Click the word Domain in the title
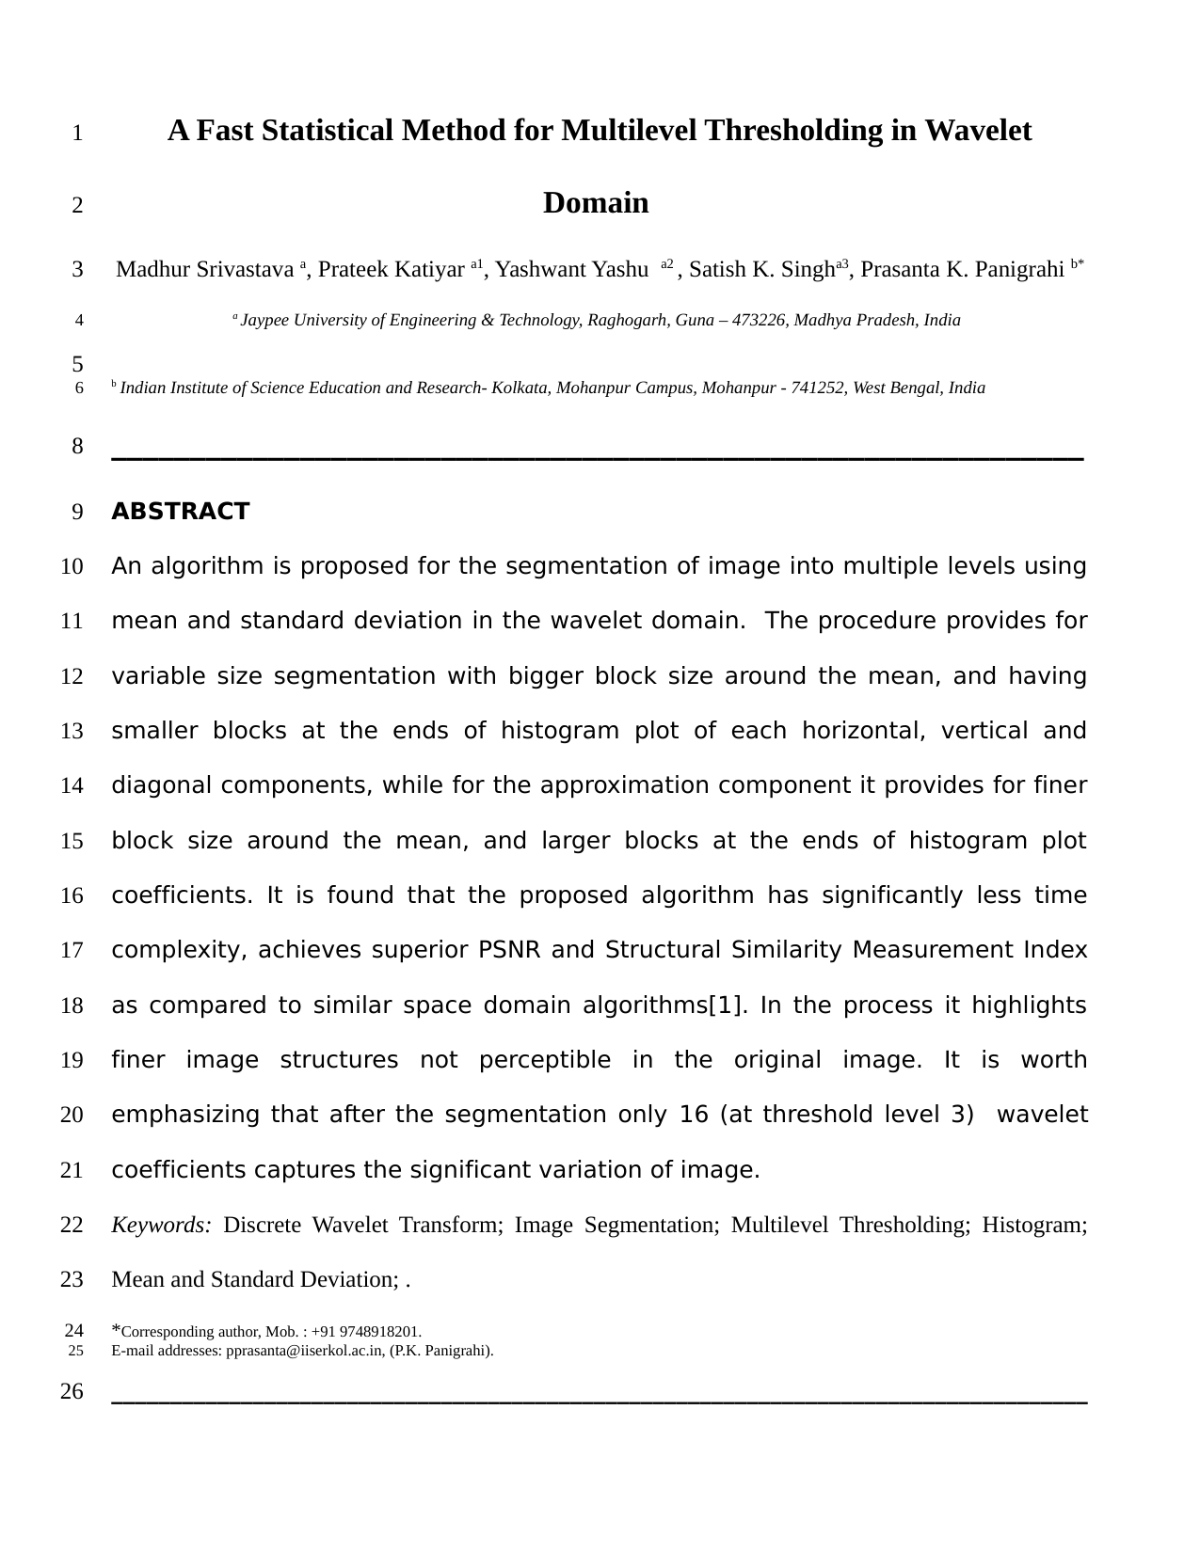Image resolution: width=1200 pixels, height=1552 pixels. (596, 203)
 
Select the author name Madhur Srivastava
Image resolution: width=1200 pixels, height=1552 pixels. (204, 270)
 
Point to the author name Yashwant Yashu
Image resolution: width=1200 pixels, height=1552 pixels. (571, 270)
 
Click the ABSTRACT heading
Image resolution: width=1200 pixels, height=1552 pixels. (180, 512)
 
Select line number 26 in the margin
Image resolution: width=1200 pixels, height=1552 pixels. (72, 1391)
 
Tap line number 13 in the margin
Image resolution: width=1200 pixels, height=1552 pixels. (72, 731)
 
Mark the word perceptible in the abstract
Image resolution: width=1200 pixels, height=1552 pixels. (544, 1060)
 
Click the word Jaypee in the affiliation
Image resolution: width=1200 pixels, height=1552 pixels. (263, 321)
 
